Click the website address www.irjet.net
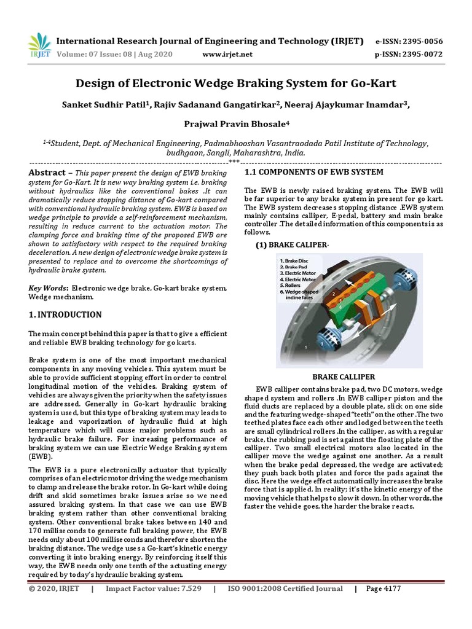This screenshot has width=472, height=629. pyautogui.click(x=227, y=55)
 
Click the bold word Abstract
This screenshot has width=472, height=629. pyautogui.click(x=47, y=173)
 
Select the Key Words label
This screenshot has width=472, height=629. pyautogui.click(x=49, y=288)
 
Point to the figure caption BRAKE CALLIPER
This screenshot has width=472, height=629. pyautogui.click(x=342, y=377)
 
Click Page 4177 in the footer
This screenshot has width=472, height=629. pyautogui.click(x=383, y=588)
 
